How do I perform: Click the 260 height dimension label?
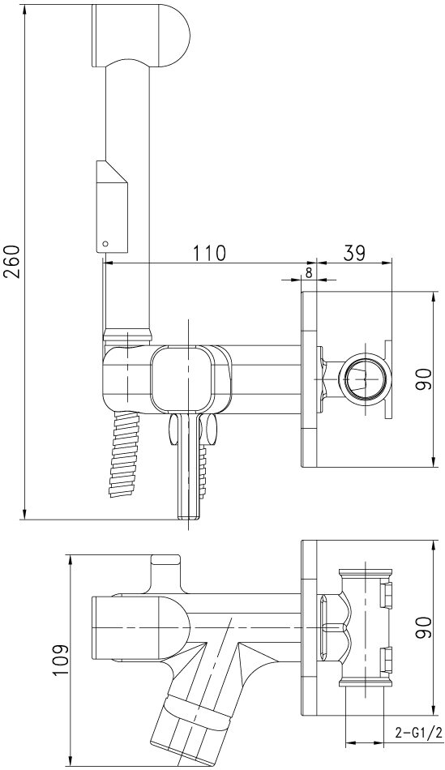[12, 261]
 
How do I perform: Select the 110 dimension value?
[209, 253]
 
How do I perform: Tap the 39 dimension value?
[355, 253]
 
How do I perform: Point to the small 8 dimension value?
[309, 273]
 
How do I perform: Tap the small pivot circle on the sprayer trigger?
[104, 242]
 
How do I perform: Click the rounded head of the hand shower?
[142, 34]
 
